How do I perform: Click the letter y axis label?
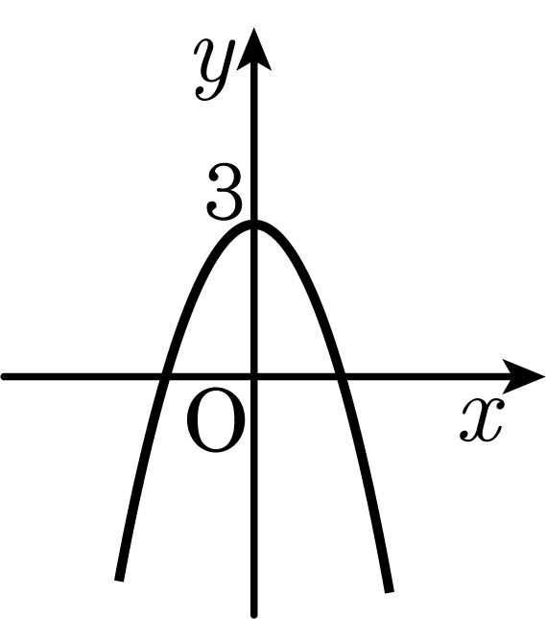[214, 69]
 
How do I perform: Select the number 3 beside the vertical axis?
[224, 192]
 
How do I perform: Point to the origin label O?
[216, 419]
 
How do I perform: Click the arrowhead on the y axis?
[254, 49]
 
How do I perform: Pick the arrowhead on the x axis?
[523, 376]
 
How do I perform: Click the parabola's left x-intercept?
[164, 376]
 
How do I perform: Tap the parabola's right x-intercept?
[341, 376]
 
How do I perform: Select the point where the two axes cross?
[254, 376]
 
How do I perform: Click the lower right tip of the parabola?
[390, 591]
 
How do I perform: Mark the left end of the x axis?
[3, 376]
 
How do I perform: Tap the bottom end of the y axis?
[254, 615]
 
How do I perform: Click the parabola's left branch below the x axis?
[140, 474]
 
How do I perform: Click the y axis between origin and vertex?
[254, 300]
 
